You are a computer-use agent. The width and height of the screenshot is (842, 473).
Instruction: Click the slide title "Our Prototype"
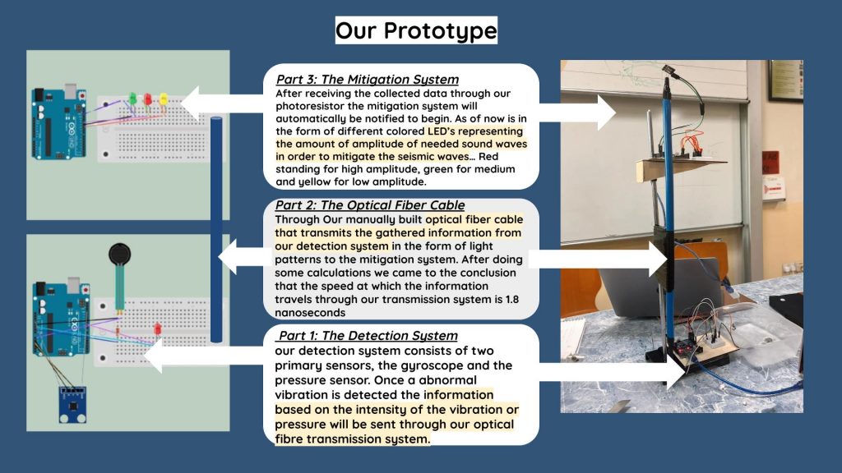click(416, 30)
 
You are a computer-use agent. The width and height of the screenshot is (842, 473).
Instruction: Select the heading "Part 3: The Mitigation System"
click(368, 80)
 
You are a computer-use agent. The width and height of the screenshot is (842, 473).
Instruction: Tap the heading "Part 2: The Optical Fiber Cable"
click(370, 204)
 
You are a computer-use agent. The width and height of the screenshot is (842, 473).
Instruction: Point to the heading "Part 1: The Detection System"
click(368, 336)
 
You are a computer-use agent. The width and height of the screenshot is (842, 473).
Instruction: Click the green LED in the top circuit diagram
click(132, 99)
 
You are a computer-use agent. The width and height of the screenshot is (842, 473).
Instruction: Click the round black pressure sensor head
click(119, 254)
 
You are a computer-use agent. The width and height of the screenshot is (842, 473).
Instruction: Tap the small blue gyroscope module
click(72, 404)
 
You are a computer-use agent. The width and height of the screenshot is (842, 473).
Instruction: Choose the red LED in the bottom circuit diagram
click(158, 328)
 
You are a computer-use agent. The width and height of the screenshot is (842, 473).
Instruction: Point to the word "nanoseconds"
click(310, 313)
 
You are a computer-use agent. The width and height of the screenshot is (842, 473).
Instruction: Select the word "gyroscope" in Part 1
click(429, 365)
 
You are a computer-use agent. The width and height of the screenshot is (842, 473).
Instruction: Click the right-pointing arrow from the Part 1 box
click(612, 371)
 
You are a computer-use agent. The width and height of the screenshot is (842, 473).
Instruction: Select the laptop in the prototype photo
click(660, 287)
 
